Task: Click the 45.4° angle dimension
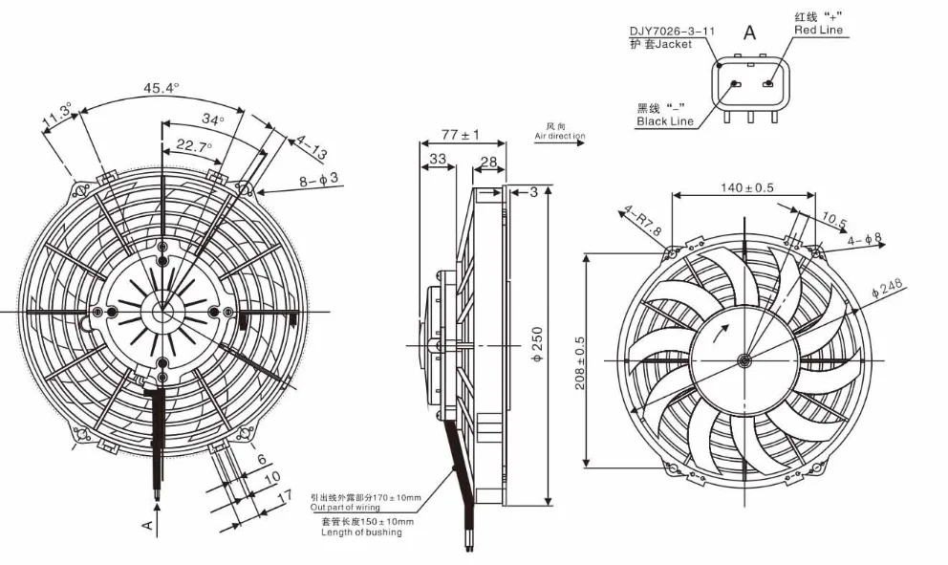[x=162, y=88]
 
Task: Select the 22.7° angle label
[x=194, y=146]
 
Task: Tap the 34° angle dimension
[x=213, y=120]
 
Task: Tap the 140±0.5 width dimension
[x=746, y=187]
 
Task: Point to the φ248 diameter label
[x=887, y=286]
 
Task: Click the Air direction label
[x=559, y=137]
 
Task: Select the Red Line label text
[x=819, y=31]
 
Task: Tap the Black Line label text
[x=665, y=121]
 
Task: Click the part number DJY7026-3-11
[x=672, y=31]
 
